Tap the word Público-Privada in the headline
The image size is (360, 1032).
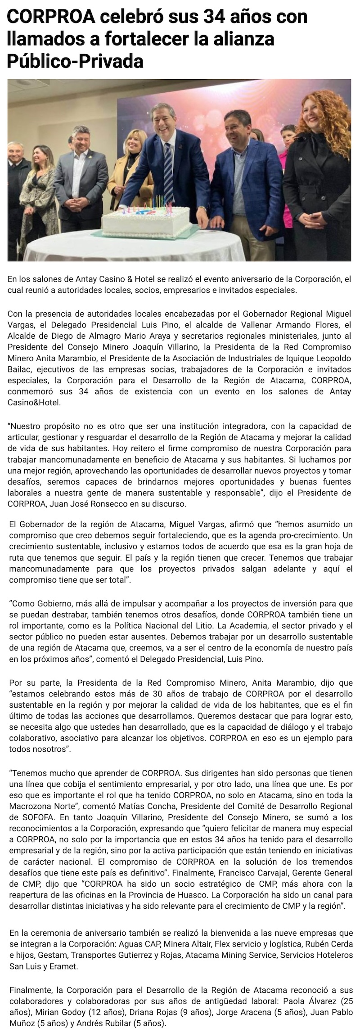click(75, 61)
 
